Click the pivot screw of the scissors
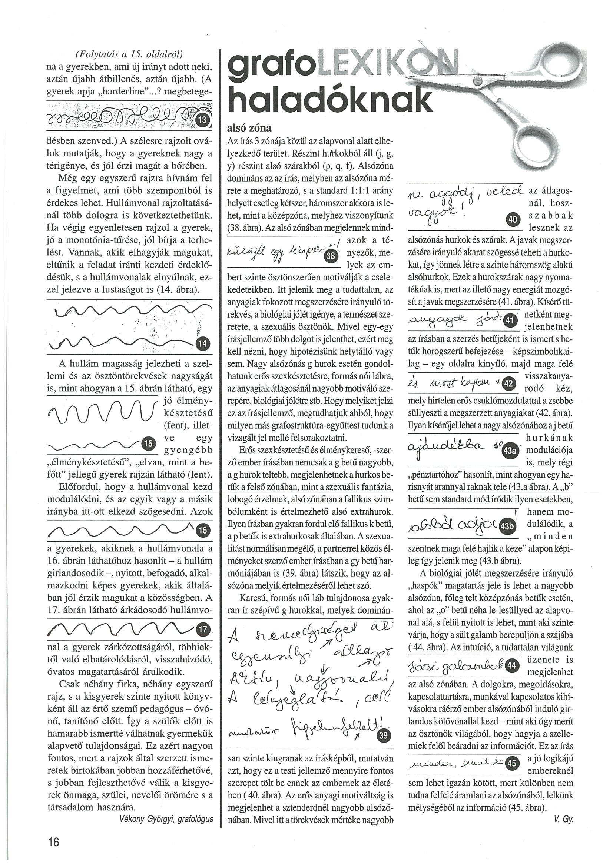pos(478,80)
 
